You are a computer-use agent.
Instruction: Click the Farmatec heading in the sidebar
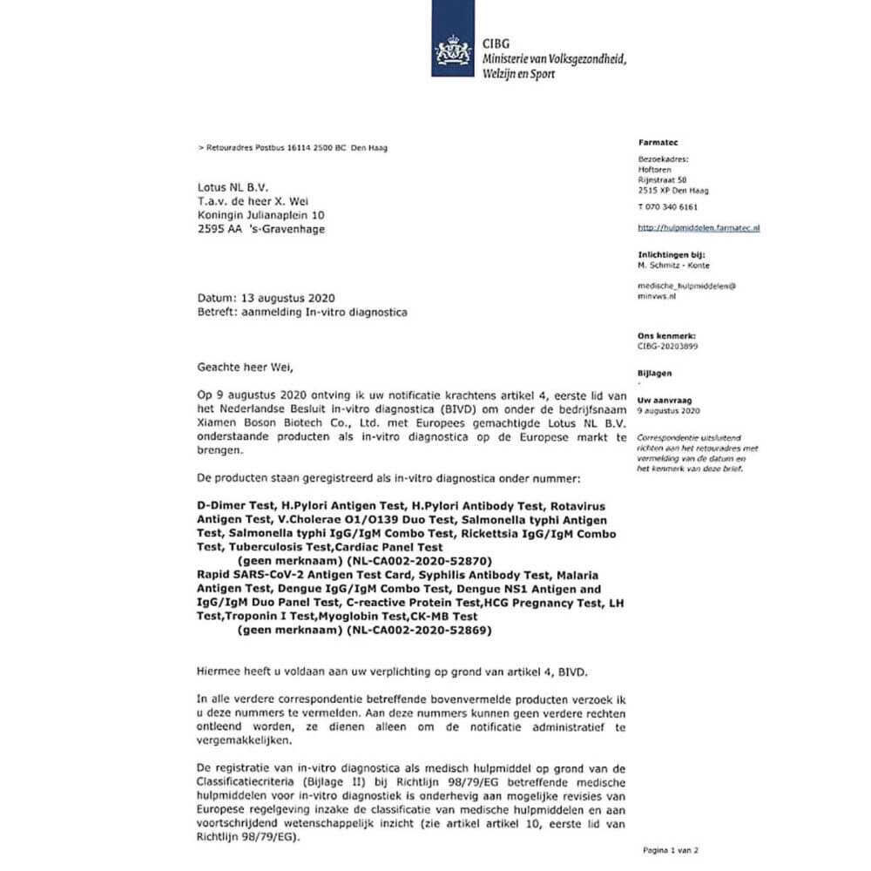(655, 142)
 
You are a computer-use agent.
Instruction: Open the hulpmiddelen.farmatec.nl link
(699, 227)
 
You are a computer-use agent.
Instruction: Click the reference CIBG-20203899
(669, 346)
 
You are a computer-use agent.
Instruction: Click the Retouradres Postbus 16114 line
(294, 148)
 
